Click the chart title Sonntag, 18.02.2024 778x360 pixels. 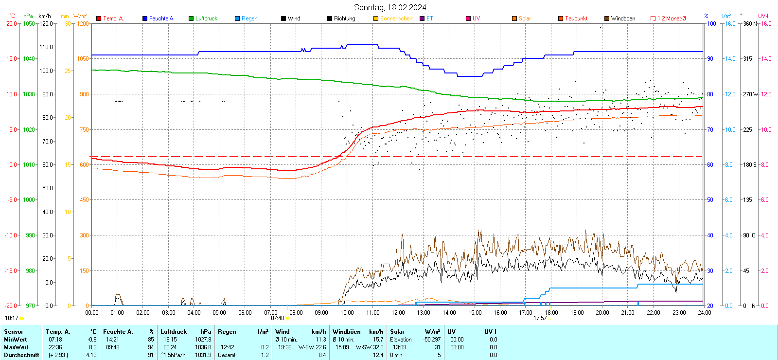coord(390,7)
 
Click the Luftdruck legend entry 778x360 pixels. coord(206,18)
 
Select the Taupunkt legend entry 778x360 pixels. coord(576,18)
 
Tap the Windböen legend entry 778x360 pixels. coord(622,18)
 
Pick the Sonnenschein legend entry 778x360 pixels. coord(396,18)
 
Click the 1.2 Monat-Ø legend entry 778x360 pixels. coord(671,18)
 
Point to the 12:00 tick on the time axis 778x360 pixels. coord(398,312)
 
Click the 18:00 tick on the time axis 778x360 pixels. coord(551,312)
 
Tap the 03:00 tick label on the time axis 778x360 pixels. coord(168,312)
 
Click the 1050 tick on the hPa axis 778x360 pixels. coord(29,23)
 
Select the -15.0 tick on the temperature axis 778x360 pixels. coord(11,270)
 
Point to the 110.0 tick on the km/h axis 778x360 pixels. coord(46,47)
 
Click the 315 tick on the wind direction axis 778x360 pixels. coord(747,58)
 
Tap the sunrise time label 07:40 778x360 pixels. coord(277,318)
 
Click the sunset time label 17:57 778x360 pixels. coord(540,318)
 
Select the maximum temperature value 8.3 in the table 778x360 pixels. coord(92,347)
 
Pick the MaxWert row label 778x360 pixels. coord(16,347)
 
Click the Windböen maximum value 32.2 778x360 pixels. coord(378,347)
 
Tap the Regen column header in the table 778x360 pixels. coord(227,332)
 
